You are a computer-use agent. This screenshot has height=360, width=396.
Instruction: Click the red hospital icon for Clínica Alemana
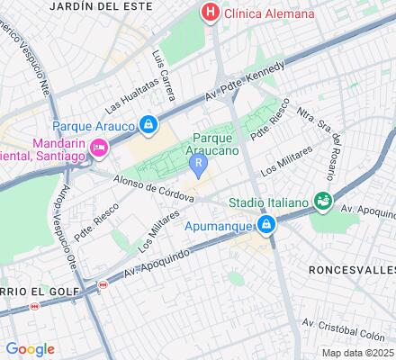210,13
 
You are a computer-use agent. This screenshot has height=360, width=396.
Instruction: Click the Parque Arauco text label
94,124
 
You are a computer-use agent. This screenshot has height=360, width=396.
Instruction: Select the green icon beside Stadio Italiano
321,202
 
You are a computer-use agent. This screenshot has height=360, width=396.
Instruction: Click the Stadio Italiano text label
268,202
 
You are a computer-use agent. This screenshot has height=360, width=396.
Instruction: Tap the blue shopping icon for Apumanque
266,225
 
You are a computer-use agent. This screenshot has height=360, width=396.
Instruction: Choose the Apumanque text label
221,226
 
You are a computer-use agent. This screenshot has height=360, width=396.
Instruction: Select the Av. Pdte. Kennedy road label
244,83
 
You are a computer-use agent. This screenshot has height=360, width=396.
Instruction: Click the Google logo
29,349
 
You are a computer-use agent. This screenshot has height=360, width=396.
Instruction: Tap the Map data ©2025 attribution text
358,353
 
